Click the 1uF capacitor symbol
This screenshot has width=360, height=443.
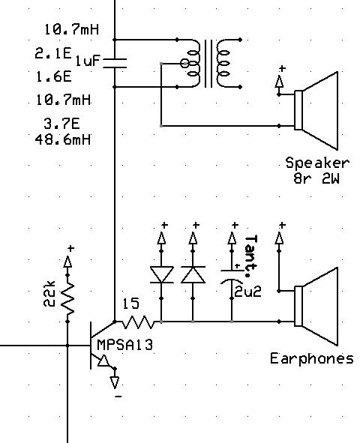tap(115, 63)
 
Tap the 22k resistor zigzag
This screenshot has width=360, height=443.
tap(67, 298)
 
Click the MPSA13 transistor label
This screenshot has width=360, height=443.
tap(125, 345)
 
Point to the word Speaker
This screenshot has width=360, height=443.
tap(317, 163)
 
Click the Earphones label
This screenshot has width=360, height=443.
tap(312, 358)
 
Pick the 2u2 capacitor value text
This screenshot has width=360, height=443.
tap(247, 292)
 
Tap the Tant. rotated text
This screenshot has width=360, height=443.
tap(251, 256)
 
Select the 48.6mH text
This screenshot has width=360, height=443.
tap(63, 139)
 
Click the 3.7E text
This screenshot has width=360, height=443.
tap(62, 124)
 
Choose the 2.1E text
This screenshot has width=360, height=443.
tap(53, 53)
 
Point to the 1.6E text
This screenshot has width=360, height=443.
tap(54, 76)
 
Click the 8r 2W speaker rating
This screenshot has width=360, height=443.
tap(316, 178)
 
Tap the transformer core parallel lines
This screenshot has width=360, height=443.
tap(208, 63)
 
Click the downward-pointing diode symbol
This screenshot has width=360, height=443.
tap(161, 274)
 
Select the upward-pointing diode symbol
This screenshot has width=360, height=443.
tap(193, 274)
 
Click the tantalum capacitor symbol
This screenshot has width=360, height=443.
tap(232, 276)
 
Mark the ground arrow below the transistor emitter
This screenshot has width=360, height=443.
tap(115, 382)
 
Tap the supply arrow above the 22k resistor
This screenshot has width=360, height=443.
tap(67, 262)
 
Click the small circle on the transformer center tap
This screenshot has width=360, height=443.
tap(184, 63)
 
